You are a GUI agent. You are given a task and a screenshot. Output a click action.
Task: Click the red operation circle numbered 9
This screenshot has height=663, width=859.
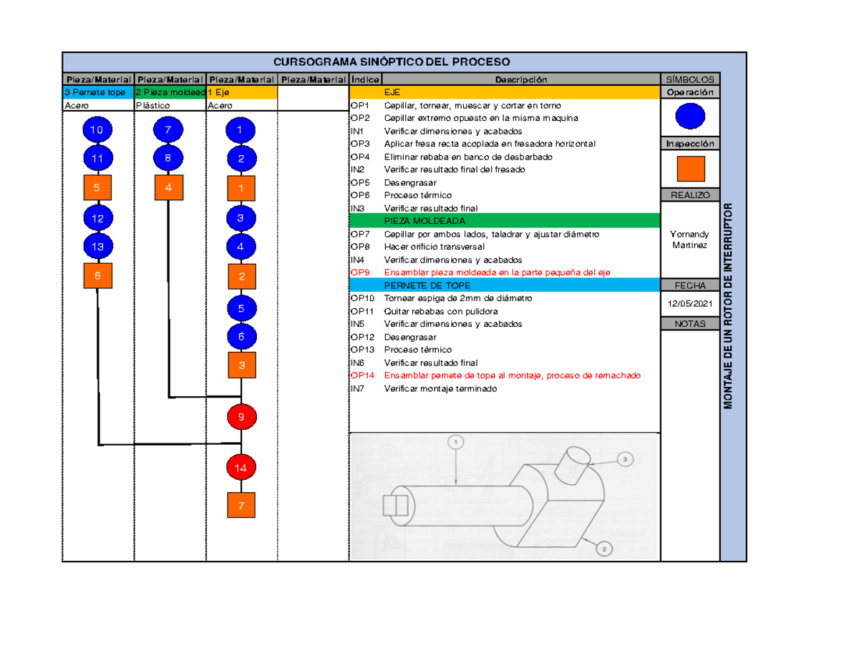tap(241, 416)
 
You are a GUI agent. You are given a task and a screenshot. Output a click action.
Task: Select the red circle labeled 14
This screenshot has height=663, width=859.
tap(241, 468)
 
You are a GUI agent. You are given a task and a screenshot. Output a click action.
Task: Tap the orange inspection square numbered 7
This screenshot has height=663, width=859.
tap(241, 505)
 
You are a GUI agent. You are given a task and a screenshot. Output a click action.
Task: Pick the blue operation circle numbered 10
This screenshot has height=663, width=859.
tap(97, 129)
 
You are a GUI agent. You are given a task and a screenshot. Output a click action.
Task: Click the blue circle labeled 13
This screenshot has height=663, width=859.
tap(98, 247)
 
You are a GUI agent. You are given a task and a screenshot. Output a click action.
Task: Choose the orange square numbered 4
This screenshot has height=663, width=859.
tap(169, 187)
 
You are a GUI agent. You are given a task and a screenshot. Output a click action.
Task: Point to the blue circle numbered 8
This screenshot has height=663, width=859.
tap(168, 158)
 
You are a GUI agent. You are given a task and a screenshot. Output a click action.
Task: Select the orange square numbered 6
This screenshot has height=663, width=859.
tap(97, 275)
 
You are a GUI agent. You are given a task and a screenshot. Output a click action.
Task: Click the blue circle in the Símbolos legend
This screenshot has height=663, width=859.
tap(690, 116)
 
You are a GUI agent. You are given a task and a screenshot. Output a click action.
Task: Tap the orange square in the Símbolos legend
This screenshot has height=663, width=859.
tap(691, 169)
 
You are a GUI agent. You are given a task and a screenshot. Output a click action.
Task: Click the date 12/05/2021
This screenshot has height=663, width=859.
tap(690, 304)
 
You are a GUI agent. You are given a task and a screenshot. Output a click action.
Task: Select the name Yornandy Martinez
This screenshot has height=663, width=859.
tap(690, 240)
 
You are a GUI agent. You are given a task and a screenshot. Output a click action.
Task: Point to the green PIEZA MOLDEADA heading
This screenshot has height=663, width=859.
tap(424, 221)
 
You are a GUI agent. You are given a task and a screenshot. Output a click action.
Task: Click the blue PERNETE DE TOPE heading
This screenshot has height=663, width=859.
tap(427, 285)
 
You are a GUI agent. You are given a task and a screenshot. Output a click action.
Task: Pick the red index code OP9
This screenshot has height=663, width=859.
tap(360, 272)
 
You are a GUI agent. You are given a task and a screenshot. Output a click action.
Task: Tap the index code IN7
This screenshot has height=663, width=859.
tap(357, 388)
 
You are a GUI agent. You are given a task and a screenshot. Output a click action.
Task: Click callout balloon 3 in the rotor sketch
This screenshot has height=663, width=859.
tap(625, 459)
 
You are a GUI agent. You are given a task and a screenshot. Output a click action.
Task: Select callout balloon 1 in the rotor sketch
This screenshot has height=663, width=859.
tap(456, 442)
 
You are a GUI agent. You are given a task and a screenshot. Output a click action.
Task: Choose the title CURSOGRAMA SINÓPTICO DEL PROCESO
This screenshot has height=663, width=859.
tap(392, 62)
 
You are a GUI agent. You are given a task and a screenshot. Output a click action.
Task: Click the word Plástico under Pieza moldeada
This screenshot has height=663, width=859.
tap(152, 105)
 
